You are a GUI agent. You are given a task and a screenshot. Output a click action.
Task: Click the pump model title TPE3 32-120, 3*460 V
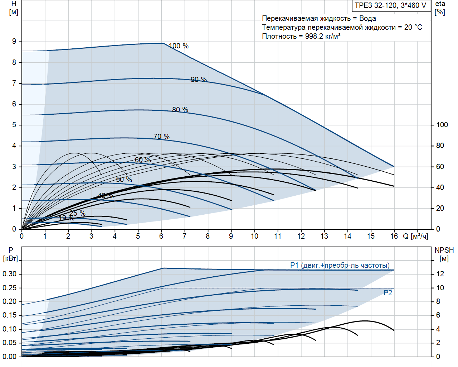pyautogui.click(x=390, y=5)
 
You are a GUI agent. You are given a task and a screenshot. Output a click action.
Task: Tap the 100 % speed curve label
pyautogui.click(x=179, y=46)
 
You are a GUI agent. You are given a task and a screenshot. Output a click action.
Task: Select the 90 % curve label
pyautogui.click(x=199, y=79)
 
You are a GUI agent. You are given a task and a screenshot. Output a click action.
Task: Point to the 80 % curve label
pyautogui.click(x=180, y=109)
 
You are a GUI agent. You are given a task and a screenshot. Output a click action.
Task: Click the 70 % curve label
pyautogui.click(x=161, y=137)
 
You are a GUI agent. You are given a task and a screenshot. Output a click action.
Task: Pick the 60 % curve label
pyautogui.click(x=143, y=159)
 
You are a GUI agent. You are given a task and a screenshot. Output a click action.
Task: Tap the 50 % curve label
pyautogui.click(x=124, y=180)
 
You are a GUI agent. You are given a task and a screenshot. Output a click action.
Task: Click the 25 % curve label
pyautogui.click(x=77, y=213)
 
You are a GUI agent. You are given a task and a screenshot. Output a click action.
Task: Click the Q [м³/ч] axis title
pyautogui.click(x=415, y=236)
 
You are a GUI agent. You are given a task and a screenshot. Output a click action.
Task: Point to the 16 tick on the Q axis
pyautogui.click(x=394, y=236)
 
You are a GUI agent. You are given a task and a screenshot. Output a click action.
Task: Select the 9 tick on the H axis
pyautogui.click(x=14, y=42)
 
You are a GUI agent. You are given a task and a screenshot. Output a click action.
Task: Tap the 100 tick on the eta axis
pyautogui.click(x=442, y=125)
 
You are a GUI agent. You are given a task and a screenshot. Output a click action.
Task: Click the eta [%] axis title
pyautogui.click(x=440, y=8)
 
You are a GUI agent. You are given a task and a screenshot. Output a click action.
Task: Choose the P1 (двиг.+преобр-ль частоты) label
pyautogui.click(x=340, y=265)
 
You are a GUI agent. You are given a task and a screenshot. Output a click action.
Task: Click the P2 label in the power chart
pyautogui.click(x=388, y=293)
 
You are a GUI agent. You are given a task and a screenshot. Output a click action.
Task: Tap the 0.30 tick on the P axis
pyautogui.click(x=10, y=274)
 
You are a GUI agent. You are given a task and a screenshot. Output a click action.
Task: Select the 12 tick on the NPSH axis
pyautogui.click(x=440, y=274)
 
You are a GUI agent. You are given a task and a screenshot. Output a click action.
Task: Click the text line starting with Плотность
pyautogui.click(x=301, y=36)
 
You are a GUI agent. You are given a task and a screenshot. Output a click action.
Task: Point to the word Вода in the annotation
pyautogui.click(x=367, y=18)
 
